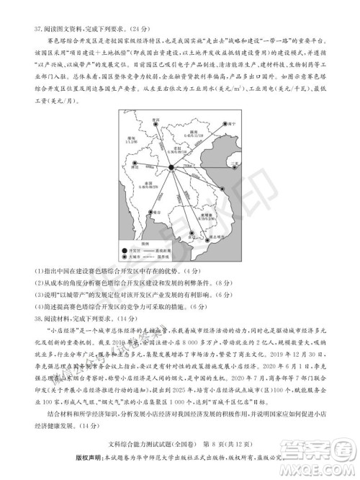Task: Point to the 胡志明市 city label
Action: [x=212, y=236]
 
